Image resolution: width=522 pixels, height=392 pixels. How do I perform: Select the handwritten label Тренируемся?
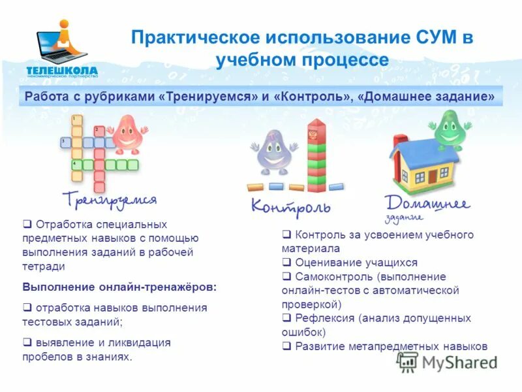click(x=110, y=198)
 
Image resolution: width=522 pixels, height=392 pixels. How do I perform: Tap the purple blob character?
click(x=273, y=153)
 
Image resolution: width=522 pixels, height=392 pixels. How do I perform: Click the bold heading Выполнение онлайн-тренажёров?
click(x=119, y=287)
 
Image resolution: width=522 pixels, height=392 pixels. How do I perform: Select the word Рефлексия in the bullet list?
click(x=324, y=318)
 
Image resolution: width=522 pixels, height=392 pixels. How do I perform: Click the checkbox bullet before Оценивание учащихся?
click(x=286, y=263)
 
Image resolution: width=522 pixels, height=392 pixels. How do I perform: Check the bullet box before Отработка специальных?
click(x=27, y=224)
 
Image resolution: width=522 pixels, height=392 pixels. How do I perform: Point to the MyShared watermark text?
click(x=459, y=363)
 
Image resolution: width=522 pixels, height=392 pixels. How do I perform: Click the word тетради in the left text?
click(x=44, y=266)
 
